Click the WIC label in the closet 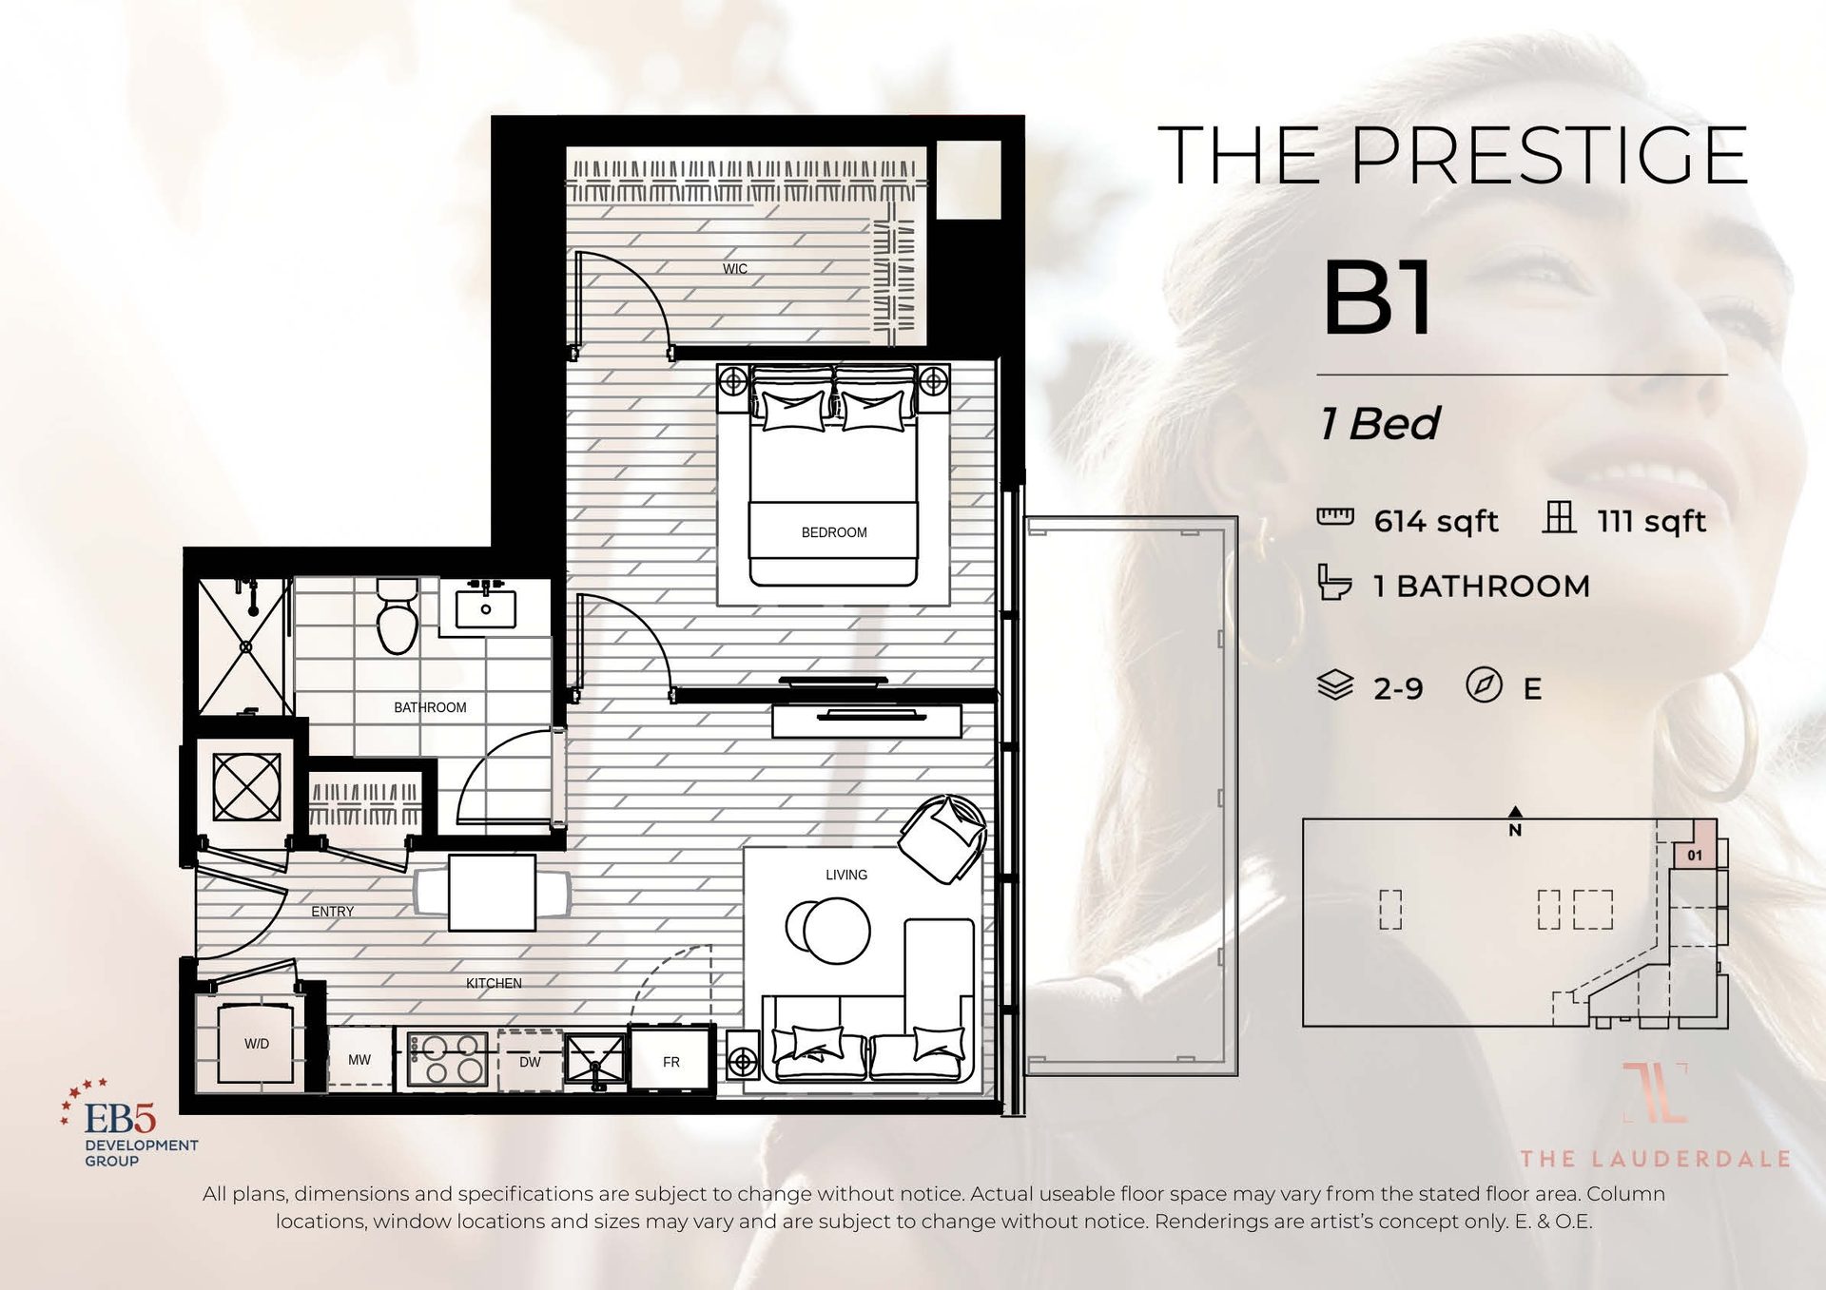click(734, 269)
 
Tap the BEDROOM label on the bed click(833, 532)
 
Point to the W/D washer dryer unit click(255, 1044)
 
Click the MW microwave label click(359, 1060)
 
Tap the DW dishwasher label click(530, 1062)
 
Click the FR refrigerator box click(670, 1061)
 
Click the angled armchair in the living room click(942, 838)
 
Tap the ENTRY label click(332, 912)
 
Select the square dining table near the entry click(492, 893)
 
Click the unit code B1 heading click(1378, 299)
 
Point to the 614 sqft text click(1435, 521)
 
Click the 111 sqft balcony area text click(1651, 521)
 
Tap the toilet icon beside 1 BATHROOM click(1333, 583)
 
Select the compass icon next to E click(1483, 684)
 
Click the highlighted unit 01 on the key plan click(1694, 855)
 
